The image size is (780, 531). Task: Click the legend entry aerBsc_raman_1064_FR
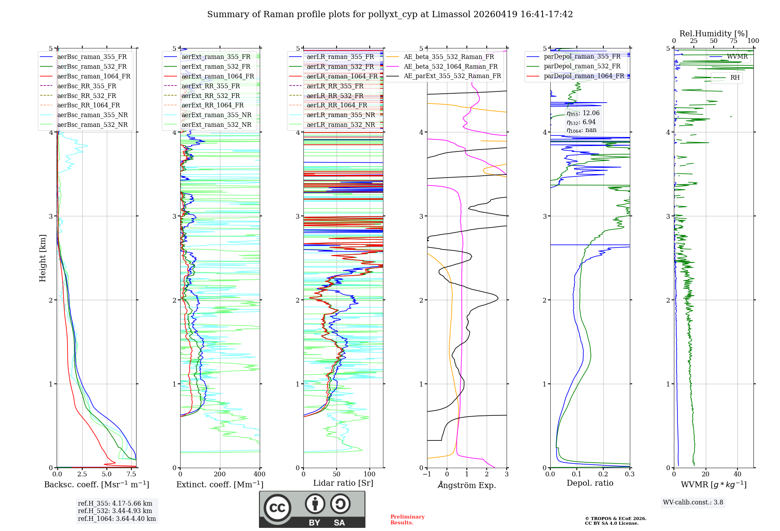(94, 76)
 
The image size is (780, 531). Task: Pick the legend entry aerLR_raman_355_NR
(340, 115)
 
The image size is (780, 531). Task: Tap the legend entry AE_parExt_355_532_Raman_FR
(452, 76)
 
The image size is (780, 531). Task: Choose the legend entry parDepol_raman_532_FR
(582, 66)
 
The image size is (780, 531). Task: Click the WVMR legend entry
(737, 57)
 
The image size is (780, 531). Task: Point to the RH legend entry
(735, 78)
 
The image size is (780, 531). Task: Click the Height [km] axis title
(43, 258)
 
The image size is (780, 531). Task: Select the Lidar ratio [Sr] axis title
(343, 483)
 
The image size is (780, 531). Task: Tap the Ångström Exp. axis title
(467, 485)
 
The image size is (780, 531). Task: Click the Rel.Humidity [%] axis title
(713, 34)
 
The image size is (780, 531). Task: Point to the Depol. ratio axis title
(590, 483)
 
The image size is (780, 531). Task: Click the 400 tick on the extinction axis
(259, 474)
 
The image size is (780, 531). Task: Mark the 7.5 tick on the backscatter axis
(131, 474)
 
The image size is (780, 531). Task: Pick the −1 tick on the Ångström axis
(427, 474)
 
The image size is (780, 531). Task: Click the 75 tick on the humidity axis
(733, 41)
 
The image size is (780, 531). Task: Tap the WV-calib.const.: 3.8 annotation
(693, 502)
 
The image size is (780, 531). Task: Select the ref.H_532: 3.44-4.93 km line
(115, 511)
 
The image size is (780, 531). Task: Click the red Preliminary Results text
(407, 520)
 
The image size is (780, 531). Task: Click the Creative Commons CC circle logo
(277, 508)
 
